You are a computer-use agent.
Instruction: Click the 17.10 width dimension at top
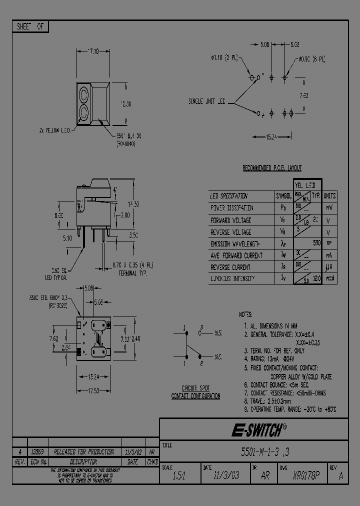click(x=93, y=51)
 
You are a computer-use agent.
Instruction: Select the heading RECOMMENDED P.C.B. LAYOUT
click(x=271, y=168)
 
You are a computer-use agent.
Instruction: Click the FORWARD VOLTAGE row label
click(x=230, y=220)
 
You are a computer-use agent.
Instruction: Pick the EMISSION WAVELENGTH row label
click(x=235, y=244)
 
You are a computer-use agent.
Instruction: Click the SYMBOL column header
click(x=283, y=196)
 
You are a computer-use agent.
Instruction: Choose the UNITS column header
click(x=329, y=196)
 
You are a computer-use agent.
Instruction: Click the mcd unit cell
click(x=329, y=278)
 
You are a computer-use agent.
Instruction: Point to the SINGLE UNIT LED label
click(x=207, y=101)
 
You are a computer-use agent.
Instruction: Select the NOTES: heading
click(x=246, y=314)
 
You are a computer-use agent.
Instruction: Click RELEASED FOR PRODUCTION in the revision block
click(x=80, y=451)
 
